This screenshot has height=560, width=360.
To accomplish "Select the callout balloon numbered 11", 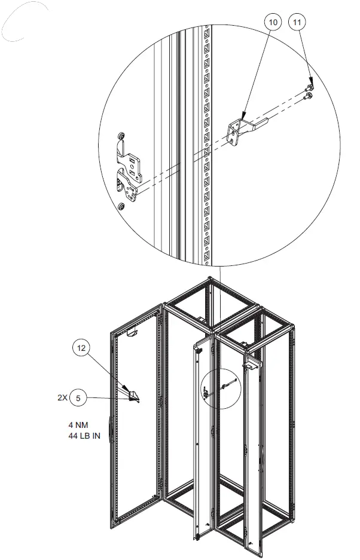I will [297, 22].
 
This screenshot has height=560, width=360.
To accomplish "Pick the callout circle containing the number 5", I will [78, 397].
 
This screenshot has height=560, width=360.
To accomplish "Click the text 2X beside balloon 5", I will [62, 397].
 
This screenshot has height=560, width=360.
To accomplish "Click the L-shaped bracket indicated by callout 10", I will [240, 128].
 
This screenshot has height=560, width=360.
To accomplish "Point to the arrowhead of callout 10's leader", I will [243, 115].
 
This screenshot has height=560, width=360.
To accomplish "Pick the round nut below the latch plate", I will [121, 207].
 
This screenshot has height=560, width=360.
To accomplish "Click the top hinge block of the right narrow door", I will [250, 362].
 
